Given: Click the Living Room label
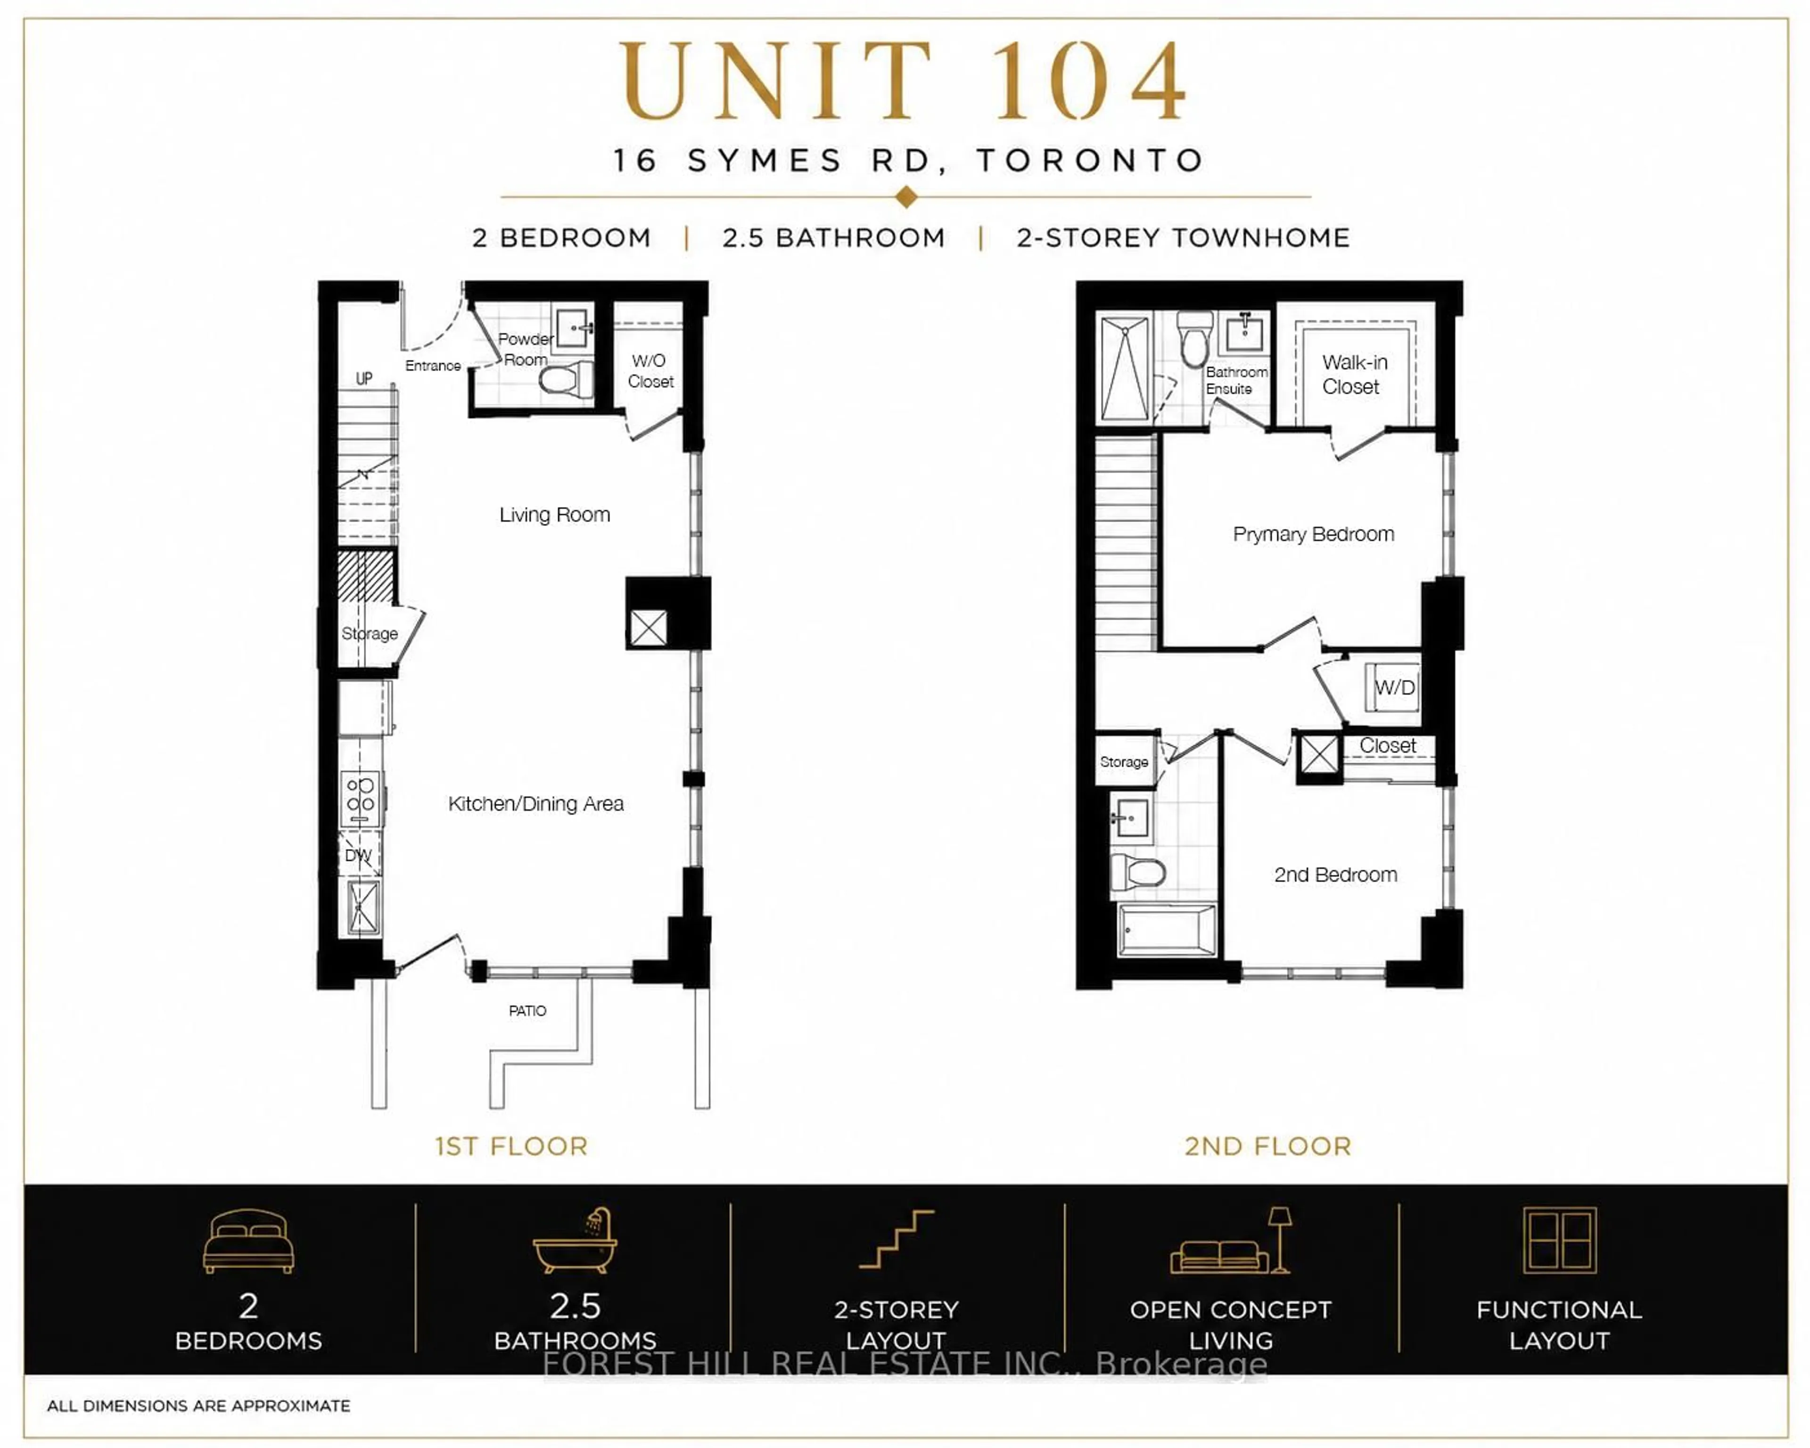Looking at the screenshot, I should pos(554,515).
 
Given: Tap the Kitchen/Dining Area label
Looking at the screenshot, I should pos(535,803).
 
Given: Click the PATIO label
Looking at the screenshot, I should pos(527,1011).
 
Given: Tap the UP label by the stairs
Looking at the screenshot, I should pos(363,378).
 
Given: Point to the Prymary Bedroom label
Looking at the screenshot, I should pos(1313,534).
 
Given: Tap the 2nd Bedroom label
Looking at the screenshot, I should pos(1335,875).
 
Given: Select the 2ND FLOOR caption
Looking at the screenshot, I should pos(1267,1146).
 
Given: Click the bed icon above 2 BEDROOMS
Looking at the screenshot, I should pos(248,1241).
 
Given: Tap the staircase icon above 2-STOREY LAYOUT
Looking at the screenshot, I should pos(897,1238).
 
